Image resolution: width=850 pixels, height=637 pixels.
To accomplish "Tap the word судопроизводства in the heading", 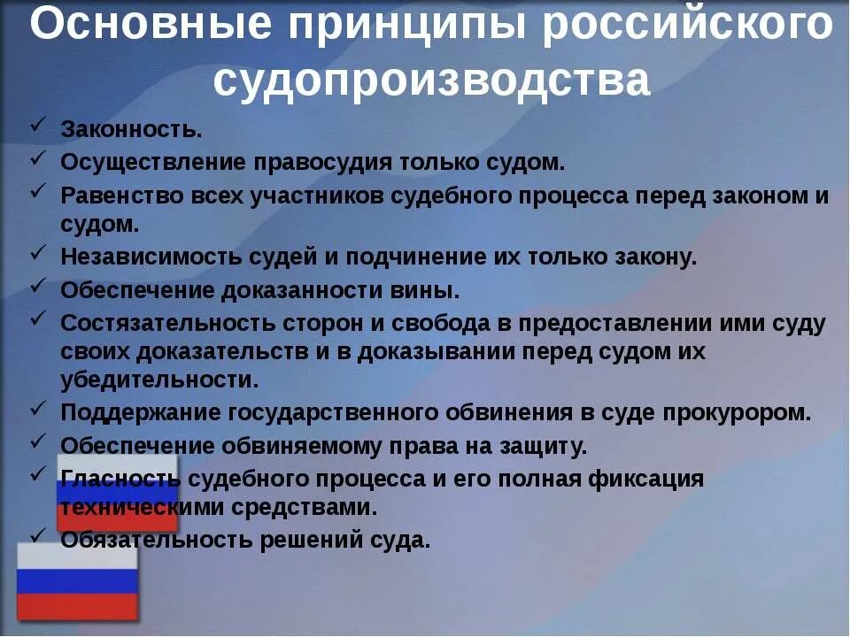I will pos(431,81).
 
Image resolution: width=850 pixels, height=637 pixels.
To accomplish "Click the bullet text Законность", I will pos(131,129).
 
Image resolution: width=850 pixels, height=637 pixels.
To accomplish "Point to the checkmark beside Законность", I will pos(37,126).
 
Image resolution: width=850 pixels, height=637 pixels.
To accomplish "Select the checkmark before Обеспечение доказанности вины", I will pos(37,285).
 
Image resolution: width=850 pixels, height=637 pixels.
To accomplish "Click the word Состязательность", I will pos(153,323).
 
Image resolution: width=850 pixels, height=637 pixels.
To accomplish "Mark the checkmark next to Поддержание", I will pos(37,409).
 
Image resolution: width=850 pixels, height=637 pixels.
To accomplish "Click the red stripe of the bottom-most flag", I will pos(78,606).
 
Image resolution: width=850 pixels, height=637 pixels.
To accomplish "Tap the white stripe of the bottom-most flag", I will pos(78,556).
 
